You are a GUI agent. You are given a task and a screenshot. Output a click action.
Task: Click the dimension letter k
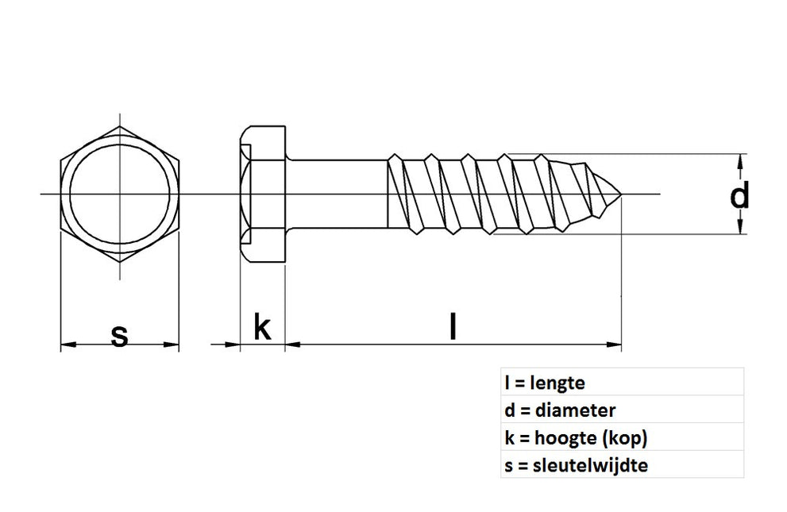pyautogui.click(x=261, y=327)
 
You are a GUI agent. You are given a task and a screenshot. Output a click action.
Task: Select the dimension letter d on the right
pyautogui.click(x=739, y=194)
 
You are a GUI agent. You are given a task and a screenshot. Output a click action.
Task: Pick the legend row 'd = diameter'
pyautogui.click(x=560, y=410)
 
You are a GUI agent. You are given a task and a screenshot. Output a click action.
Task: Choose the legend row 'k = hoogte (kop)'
pyautogui.click(x=569, y=438)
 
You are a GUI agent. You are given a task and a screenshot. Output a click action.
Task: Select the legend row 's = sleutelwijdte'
pyautogui.click(x=576, y=466)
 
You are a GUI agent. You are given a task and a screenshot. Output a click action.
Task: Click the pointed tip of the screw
pyautogui.click(x=619, y=194)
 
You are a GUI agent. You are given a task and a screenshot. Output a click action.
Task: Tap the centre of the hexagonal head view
pyautogui.click(x=120, y=194)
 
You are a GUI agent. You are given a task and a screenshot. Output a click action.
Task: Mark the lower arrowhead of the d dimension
pyautogui.click(x=741, y=229)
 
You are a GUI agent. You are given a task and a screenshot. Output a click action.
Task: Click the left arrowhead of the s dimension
pyautogui.click(x=68, y=345)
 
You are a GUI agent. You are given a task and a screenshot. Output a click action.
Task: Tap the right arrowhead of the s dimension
pyautogui.click(x=172, y=345)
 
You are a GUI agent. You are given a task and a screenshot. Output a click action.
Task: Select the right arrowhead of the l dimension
pyautogui.click(x=615, y=345)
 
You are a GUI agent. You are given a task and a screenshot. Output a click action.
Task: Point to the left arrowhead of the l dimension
pyautogui.click(x=291, y=345)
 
